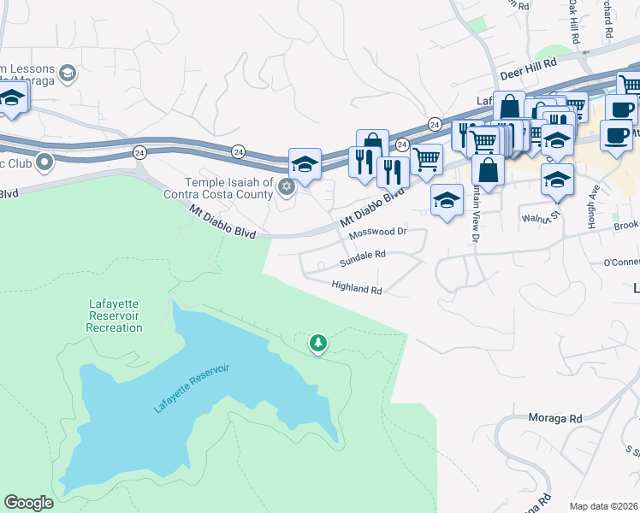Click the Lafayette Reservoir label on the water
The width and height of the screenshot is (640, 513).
tap(193, 389)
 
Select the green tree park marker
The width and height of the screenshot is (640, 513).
tap(318, 343)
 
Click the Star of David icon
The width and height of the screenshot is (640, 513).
tap(287, 186)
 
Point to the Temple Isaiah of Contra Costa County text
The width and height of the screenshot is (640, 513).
tap(230, 188)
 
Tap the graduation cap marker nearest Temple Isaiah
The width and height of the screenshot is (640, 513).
tap(305, 164)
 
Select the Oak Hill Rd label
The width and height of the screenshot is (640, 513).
tap(572, 17)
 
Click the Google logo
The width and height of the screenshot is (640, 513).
tap(28, 503)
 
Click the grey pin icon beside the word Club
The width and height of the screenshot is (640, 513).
tap(44, 161)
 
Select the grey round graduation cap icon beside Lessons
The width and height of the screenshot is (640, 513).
tap(67, 75)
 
